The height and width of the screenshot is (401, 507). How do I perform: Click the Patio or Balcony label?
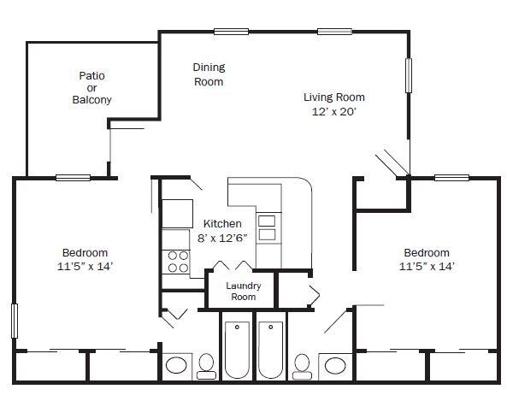click(91, 87)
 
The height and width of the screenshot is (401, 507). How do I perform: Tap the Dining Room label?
click(209, 74)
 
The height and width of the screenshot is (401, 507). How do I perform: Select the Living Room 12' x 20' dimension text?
click(334, 111)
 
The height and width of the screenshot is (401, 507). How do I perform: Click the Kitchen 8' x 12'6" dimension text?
click(222, 239)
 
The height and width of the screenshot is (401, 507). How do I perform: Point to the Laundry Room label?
click(243, 291)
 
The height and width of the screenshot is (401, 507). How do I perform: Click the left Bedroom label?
click(85, 252)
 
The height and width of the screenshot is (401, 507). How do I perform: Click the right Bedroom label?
click(427, 252)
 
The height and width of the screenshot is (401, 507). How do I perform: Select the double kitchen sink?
click(267, 227)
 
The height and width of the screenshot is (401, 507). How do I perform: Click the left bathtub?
click(237, 350)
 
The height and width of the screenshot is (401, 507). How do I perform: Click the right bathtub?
click(271, 350)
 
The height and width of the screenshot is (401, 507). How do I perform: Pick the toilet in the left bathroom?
click(206, 367)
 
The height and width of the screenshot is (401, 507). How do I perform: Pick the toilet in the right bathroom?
click(303, 367)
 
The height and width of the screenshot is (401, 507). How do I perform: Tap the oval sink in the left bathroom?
click(176, 365)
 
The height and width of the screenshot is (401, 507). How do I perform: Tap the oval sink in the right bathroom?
click(335, 365)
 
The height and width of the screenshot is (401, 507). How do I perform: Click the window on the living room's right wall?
click(409, 75)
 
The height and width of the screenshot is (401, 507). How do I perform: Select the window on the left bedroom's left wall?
click(15, 321)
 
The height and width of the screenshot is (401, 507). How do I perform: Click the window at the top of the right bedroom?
click(451, 178)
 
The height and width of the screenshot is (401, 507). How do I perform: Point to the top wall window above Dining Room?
click(231, 32)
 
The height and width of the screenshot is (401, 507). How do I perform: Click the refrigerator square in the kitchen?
click(177, 214)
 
